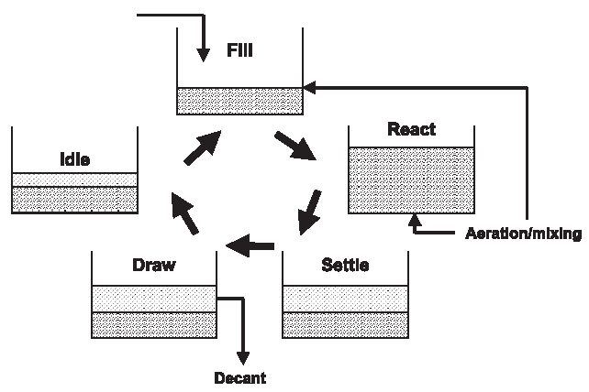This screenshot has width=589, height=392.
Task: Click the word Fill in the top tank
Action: [239, 51]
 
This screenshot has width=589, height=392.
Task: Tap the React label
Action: [411, 129]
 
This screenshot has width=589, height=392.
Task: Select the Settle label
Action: [345, 266]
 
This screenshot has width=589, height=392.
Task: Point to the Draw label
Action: [154, 265]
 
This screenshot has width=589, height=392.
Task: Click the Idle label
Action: [74, 158]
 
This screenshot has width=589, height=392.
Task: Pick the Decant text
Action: [240, 376]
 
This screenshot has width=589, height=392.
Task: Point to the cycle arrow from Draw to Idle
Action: [184, 214]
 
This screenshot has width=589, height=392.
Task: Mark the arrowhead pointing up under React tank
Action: [415, 219]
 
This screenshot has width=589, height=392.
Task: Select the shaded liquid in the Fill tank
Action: [239, 101]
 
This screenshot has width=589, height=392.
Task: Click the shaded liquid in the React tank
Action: [411, 179]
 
